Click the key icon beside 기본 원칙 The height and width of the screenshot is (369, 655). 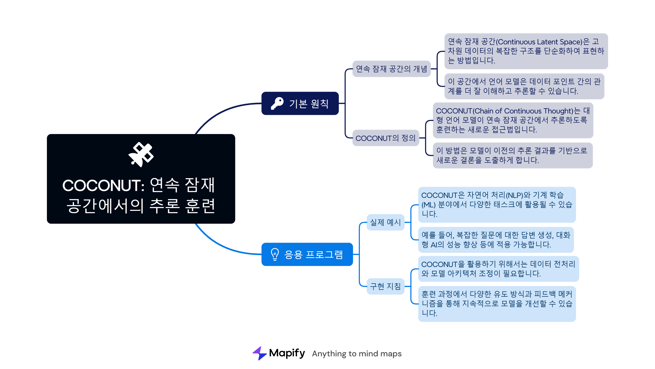point(277,103)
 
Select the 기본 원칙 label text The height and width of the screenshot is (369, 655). point(309,104)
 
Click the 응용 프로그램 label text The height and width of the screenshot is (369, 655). point(314,254)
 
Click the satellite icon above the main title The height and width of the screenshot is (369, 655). point(141,154)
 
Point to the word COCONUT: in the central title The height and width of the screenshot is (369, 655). point(103,185)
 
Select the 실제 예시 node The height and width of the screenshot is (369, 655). point(385,222)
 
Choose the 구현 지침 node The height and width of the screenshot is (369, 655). point(385,286)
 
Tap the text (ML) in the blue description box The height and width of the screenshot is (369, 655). point(428,205)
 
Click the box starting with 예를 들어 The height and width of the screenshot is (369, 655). point(496,240)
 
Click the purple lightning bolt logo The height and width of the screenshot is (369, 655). point(260,353)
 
